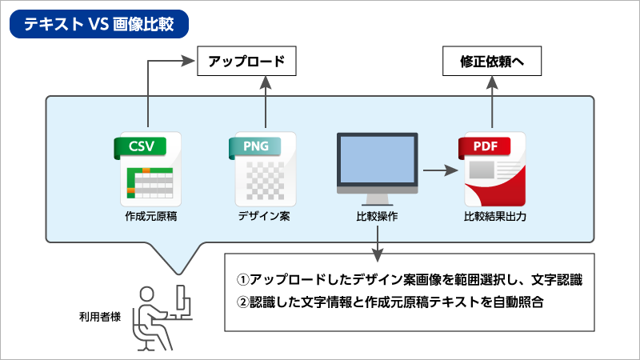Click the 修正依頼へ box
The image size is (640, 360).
click(490, 61)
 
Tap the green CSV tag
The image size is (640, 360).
click(139, 146)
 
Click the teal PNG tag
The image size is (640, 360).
click(255, 146)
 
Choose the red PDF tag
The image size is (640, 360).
click(485, 146)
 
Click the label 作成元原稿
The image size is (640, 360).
click(149, 217)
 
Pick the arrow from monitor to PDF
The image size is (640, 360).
click(439, 170)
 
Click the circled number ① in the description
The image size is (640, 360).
click(243, 281)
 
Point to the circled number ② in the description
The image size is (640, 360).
click(243, 304)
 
